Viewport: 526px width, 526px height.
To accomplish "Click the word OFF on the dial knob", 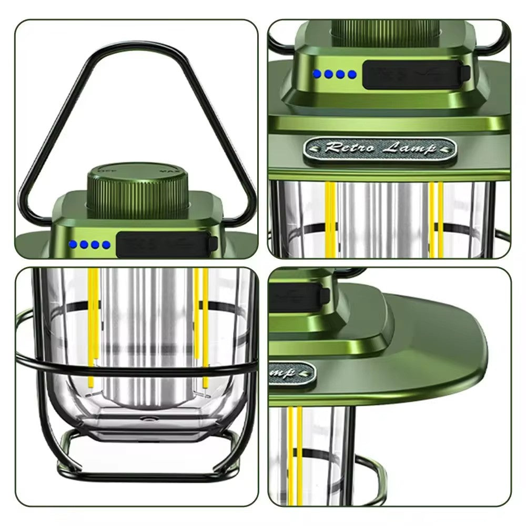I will point(107,170).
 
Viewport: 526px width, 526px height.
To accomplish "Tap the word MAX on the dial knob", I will point(168,170).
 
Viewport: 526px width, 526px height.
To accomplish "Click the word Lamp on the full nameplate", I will point(413,148).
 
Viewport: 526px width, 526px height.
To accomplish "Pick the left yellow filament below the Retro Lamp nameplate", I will point(330,218).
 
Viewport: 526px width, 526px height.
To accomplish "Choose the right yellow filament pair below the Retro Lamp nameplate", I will point(436,218).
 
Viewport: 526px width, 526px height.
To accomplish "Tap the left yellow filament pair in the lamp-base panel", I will point(93,326).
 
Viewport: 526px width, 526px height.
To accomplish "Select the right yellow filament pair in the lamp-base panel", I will point(201,326).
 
